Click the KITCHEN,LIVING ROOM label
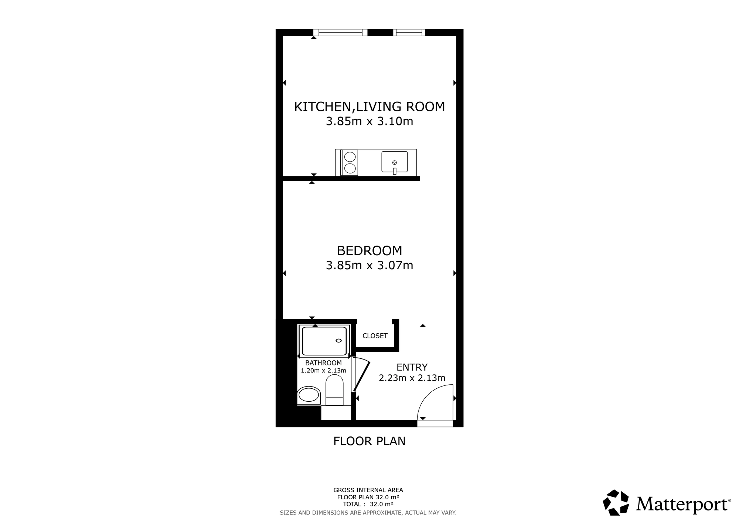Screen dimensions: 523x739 [x=369, y=107]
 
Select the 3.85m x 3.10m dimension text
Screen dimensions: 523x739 [x=369, y=121]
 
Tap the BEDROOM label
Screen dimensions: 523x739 [x=369, y=251]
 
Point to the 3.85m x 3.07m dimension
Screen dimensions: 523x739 [x=369, y=265]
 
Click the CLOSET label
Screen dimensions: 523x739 [x=375, y=336]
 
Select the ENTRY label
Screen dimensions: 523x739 [x=412, y=367]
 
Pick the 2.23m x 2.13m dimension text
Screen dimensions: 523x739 [x=412, y=378]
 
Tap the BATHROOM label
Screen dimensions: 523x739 [x=323, y=363]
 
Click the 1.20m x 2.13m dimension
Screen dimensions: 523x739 [x=323, y=371]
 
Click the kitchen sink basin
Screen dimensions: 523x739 [x=394, y=162]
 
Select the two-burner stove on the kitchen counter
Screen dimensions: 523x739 [x=349, y=162]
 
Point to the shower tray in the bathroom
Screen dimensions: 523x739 [x=324, y=341]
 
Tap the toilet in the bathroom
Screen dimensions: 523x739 [x=334, y=390]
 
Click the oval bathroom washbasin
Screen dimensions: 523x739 [x=309, y=395]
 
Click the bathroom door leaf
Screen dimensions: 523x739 [x=362, y=376]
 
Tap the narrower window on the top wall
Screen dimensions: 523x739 [x=409, y=33]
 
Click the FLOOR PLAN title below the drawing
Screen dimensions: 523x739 [x=369, y=441]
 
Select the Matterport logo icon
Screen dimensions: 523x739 [x=616, y=502]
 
